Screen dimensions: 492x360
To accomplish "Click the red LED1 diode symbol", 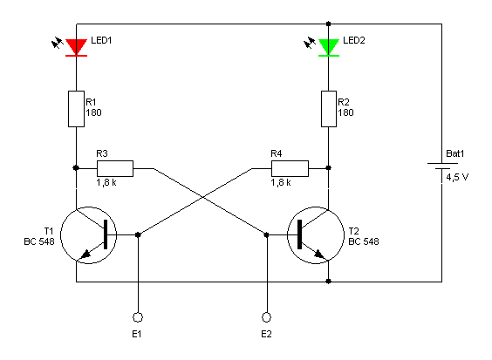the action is click(76, 48).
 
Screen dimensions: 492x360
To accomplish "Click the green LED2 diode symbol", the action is click(329, 48).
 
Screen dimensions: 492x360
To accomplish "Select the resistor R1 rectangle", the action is click(76, 109).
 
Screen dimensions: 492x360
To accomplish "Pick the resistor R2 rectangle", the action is click(329, 109).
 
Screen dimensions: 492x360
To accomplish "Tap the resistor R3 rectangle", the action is click(115, 169).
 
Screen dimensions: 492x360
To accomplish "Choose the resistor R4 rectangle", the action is click(290, 169).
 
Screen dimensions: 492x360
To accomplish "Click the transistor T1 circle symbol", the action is click(88, 235).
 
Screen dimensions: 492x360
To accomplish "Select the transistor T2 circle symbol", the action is click(316, 235).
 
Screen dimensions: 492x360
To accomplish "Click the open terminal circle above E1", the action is click(138, 317).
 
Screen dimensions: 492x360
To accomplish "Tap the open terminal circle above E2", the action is click(266, 317).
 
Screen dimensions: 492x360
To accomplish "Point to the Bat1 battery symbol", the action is click(442, 166).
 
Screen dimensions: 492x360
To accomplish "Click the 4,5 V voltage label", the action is click(457, 178).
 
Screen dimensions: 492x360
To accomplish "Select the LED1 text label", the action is click(101, 40).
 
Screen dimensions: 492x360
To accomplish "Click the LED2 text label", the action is click(354, 40).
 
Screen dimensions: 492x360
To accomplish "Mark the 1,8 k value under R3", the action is click(106, 182).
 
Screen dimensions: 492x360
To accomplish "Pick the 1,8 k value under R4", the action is click(281, 182).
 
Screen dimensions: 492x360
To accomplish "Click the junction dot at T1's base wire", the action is click(138, 234).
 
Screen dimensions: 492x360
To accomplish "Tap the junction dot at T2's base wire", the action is click(266, 234).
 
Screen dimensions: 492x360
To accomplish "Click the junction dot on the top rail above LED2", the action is click(329, 24).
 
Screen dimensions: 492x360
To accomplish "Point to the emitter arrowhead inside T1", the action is click(86, 254).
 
